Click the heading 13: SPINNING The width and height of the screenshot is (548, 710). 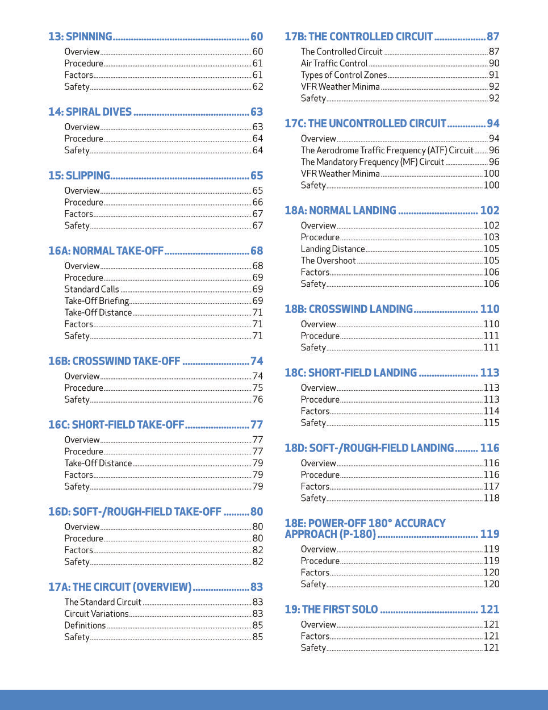(x=80, y=37)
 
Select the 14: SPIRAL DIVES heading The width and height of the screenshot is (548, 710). (x=90, y=112)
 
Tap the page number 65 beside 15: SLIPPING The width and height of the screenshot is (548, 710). (x=257, y=176)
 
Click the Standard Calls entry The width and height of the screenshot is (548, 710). (x=91, y=289)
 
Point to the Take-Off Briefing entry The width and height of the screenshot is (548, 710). (x=97, y=301)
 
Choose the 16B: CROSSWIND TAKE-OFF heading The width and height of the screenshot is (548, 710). (x=114, y=361)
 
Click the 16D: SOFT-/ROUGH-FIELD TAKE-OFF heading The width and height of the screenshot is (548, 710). (x=135, y=512)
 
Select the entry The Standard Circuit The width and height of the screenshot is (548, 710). (x=103, y=602)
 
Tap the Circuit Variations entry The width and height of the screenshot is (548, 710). (x=97, y=614)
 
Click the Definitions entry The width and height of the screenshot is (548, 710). (x=85, y=625)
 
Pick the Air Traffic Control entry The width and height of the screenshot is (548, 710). (x=334, y=64)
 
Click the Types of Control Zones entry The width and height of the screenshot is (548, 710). (x=344, y=75)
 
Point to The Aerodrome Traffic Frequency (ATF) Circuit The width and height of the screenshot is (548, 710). (x=387, y=151)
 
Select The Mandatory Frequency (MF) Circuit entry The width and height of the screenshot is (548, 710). (x=372, y=162)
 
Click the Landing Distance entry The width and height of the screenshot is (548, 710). (x=333, y=249)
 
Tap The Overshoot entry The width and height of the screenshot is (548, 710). (x=328, y=261)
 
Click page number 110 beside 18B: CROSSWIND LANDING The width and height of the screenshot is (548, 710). (x=490, y=309)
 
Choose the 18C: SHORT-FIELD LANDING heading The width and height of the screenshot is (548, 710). (x=350, y=373)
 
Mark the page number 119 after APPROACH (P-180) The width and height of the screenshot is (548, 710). (x=490, y=534)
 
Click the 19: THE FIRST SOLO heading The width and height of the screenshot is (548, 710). (x=331, y=609)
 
